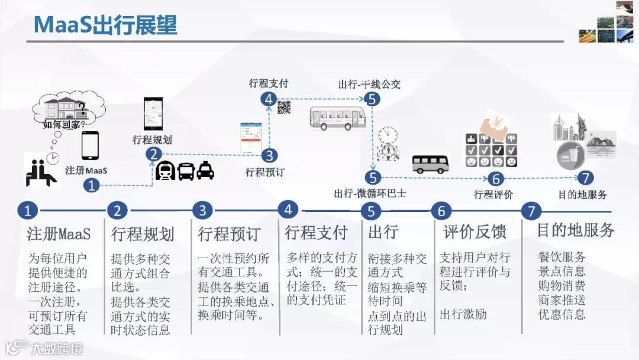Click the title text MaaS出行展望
[x=105, y=24]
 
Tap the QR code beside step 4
[x=285, y=107]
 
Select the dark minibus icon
[x=431, y=164]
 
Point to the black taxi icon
[x=205, y=171]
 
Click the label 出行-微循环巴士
[x=370, y=193]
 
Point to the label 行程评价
[x=493, y=194]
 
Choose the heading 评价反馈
[x=475, y=232]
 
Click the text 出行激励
[x=463, y=314]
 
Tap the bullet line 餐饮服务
[x=561, y=257]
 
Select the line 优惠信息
[x=561, y=314]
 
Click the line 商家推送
[x=561, y=300]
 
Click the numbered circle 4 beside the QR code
[x=269, y=99]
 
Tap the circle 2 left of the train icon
[x=153, y=155]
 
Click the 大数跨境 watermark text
[x=57, y=348]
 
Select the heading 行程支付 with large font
[x=316, y=232]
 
